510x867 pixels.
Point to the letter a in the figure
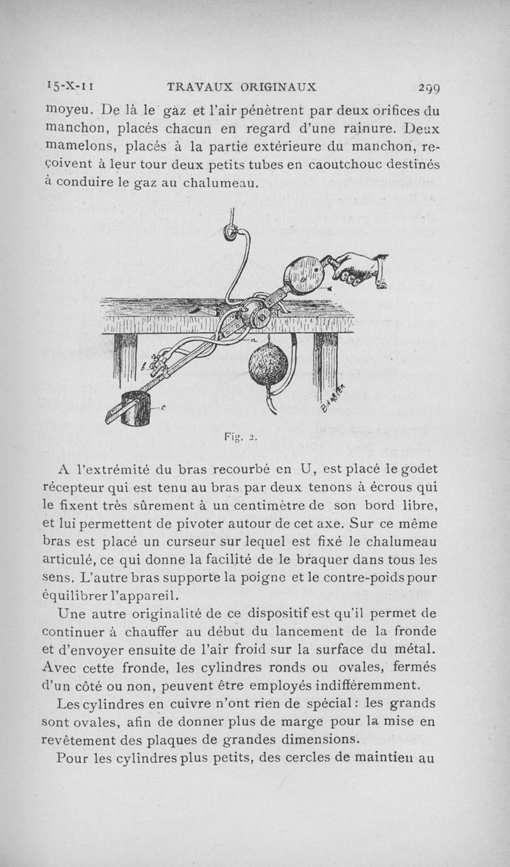click(x=254, y=343)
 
